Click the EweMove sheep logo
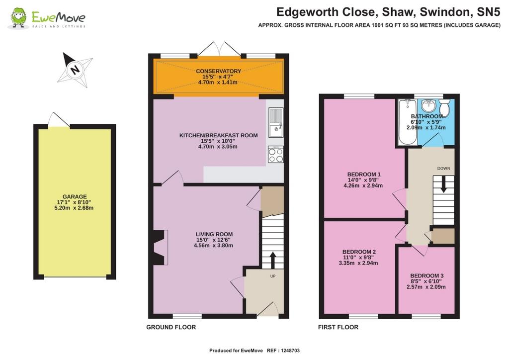pyautogui.click(x=18, y=18)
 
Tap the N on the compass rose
pyautogui.click(x=76, y=70)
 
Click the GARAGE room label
pyautogui.click(x=75, y=196)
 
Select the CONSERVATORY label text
pyautogui.click(x=218, y=71)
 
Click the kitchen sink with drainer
pyautogui.click(x=276, y=123)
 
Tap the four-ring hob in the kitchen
pyautogui.click(x=276, y=155)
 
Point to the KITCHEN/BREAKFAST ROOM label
pyautogui.click(x=219, y=135)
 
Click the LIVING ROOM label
pyautogui.click(x=214, y=234)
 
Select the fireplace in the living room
pyautogui.click(x=161, y=248)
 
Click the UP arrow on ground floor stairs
pyautogui.click(x=272, y=260)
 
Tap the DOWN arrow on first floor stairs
pyautogui.click(x=443, y=184)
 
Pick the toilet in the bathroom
pyautogui.click(x=444, y=107)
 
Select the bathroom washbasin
pyautogui.click(x=429, y=105)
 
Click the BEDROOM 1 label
pyautogui.click(x=363, y=175)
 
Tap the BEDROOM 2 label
pyautogui.click(x=359, y=252)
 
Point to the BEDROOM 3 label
pyautogui.click(x=426, y=275)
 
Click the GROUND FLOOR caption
pyautogui.click(x=171, y=327)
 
